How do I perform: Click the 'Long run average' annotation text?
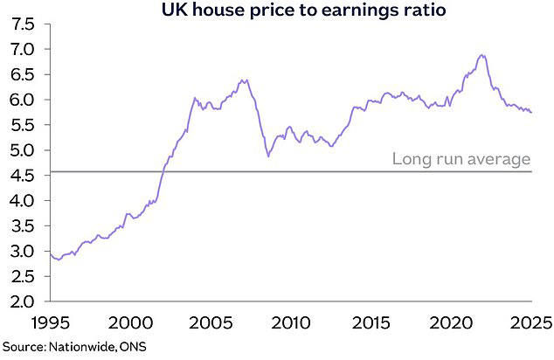(x=461, y=159)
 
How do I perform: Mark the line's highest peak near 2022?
(x=481, y=55)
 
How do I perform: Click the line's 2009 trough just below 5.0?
(x=269, y=156)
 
